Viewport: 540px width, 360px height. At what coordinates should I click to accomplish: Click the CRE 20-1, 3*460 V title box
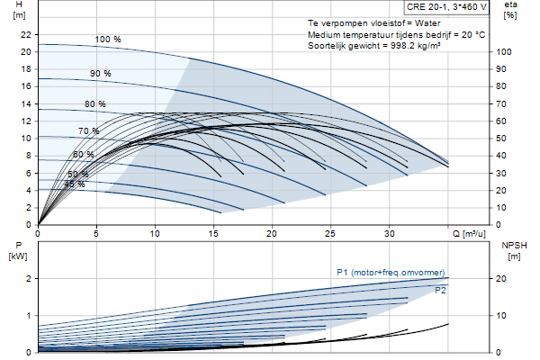(446, 7)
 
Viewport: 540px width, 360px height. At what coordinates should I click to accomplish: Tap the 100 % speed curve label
(108, 40)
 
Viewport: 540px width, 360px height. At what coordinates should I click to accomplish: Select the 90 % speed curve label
(100, 74)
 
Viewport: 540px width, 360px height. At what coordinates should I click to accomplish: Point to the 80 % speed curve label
(95, 104)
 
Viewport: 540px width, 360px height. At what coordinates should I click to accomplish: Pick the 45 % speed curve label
(75, 184)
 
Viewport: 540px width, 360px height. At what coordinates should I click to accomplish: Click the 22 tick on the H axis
(26, 34)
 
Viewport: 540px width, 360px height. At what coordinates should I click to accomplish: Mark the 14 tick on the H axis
(26, 103)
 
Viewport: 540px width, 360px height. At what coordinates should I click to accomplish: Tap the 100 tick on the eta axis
(504, 52)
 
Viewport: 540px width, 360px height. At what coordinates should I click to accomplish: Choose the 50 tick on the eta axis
(501, 139)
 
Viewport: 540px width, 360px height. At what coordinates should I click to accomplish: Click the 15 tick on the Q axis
(213, 234)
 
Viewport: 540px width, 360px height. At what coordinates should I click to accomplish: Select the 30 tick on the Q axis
(389, 234)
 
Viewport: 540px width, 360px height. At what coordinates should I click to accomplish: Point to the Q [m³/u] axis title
(469, 234)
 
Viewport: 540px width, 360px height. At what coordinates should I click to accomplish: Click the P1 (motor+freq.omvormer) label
(391, 273)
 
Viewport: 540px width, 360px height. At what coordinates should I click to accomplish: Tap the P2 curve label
(440, 291)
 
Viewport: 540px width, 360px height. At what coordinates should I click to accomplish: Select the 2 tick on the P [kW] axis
(29, 278)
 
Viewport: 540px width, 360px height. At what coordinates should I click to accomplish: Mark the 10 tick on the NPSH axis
(501, 316)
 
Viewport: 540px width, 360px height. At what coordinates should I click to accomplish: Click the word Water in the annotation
(427, 23)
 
